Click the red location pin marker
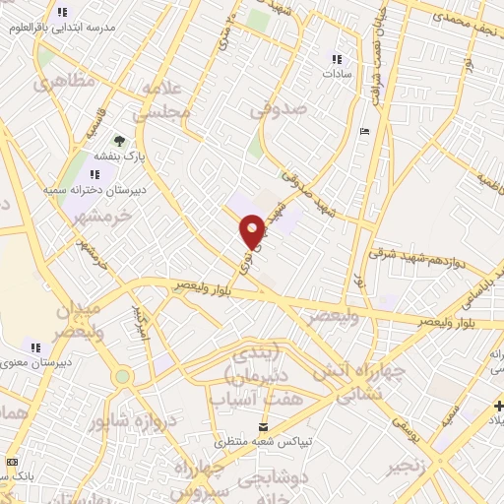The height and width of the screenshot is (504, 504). coord(253,231)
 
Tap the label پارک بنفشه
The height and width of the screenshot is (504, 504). coord(119,157)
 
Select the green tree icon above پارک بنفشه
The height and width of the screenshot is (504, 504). coord(119,141)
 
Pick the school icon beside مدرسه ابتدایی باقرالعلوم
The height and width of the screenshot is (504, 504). coord(63,13)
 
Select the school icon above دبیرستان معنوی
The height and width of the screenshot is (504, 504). coord(35,346)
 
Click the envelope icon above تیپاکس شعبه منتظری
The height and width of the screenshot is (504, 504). coord(263,426)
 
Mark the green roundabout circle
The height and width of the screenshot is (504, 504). coord(122,376)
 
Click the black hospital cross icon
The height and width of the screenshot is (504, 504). coord(497,407)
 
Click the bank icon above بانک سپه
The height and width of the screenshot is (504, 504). coord(12,462)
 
